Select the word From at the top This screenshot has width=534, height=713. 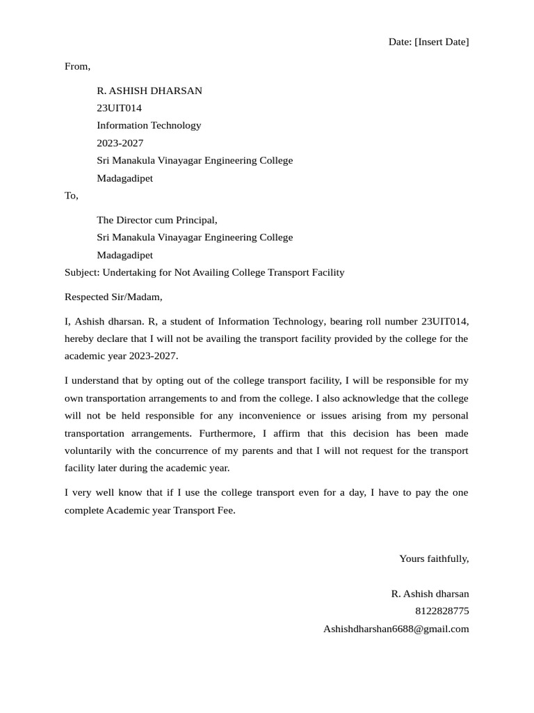(76, 66)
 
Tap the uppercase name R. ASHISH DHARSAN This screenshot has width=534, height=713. (149, 91)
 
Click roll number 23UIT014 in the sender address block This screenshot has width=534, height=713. (119, 108)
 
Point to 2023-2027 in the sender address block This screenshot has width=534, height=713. (120, 143)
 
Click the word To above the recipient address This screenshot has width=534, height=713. (71, 196)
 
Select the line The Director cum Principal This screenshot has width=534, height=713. (156, 220)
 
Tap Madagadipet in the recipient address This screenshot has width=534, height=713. (124, 255)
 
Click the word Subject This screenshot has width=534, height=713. (81, 272)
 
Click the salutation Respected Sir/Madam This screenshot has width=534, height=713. (113, 297)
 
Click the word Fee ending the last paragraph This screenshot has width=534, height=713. (225, 510)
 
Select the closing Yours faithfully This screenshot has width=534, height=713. (434, 558)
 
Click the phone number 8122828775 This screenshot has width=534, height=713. (442, 611)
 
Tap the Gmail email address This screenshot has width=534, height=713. (396, 629)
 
